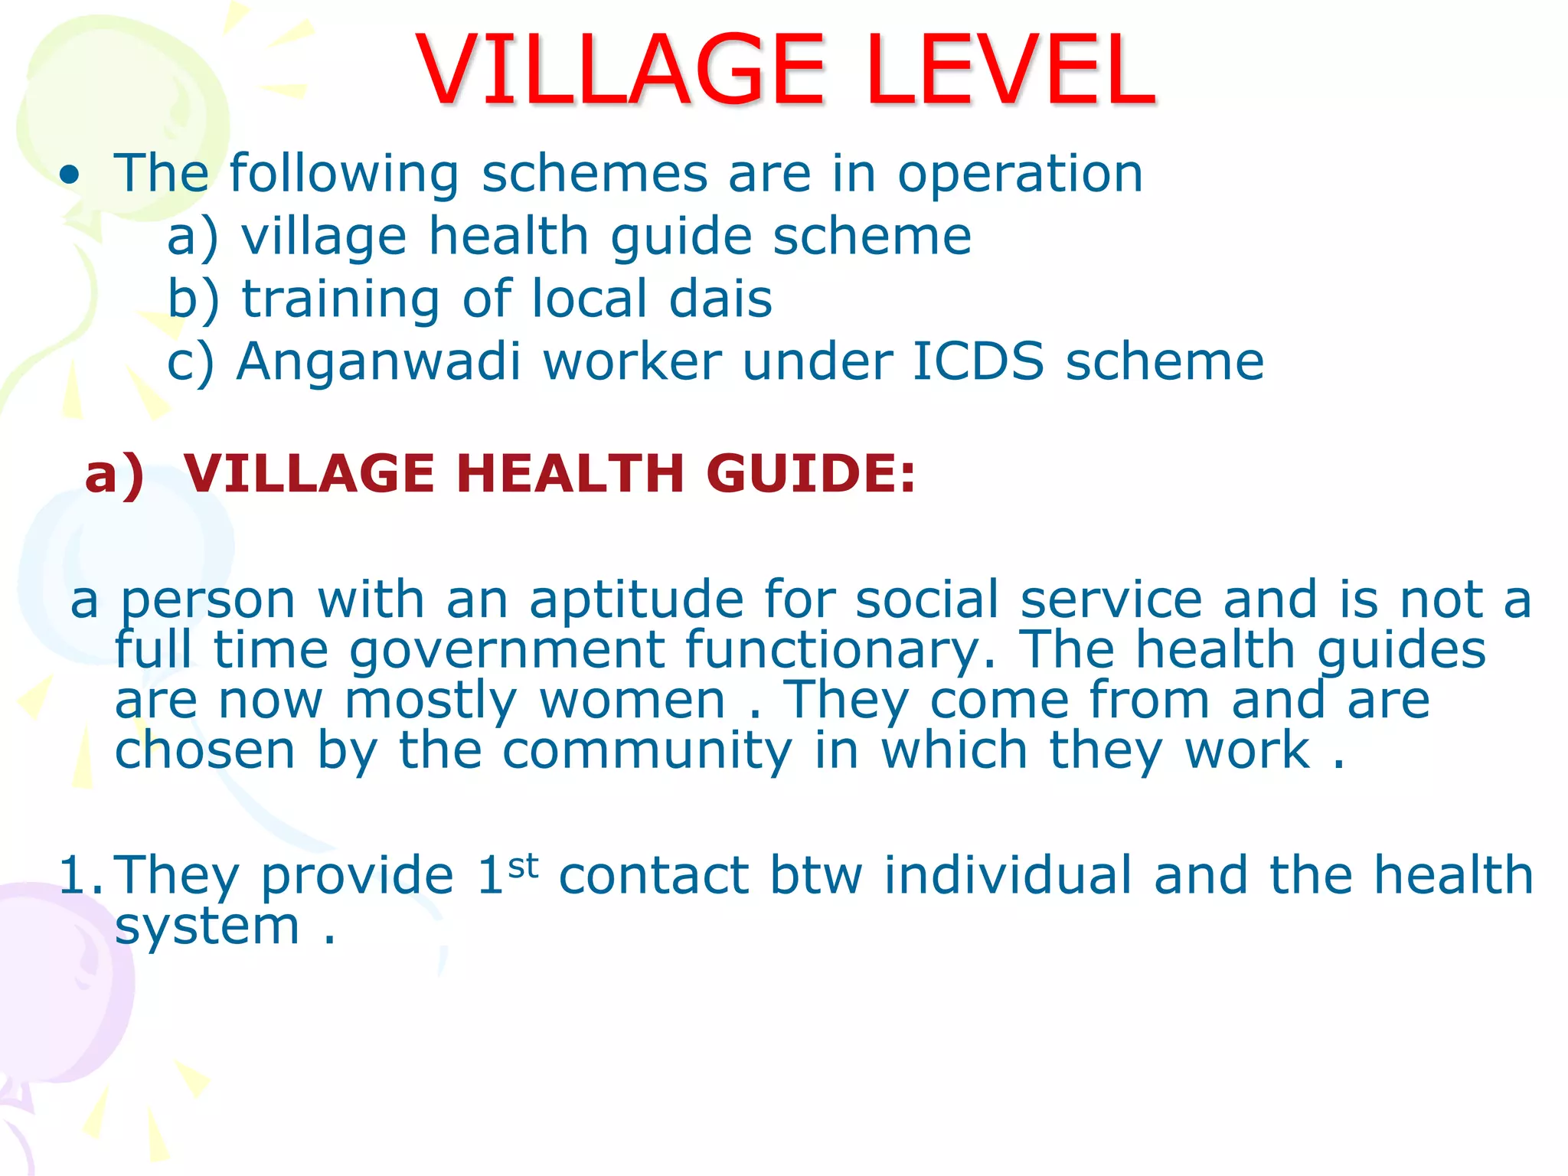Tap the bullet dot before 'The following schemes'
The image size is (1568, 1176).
pyautogui.click(x=70, y=175)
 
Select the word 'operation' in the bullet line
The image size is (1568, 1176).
pyautogui.click(x=1020, y=175)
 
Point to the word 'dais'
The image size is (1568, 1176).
pyautogui.click(x=720, y=299)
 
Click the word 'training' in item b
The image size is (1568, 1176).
pyautogui.click(x=341, y=300)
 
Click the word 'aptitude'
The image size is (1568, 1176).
pyautogui.click(x=636, y=600)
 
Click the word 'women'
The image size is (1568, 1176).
pyautogui.click(x=632, y=701)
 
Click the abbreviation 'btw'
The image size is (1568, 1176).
pyautogui.click(x=816, y=875)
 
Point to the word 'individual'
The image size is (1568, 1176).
pyautogui.click(x=1008, y=875)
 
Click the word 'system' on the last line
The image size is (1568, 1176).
pyautogui.click(x=207, y=928)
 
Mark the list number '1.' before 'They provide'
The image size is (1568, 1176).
pyautogui.click(x=81, y=875)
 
